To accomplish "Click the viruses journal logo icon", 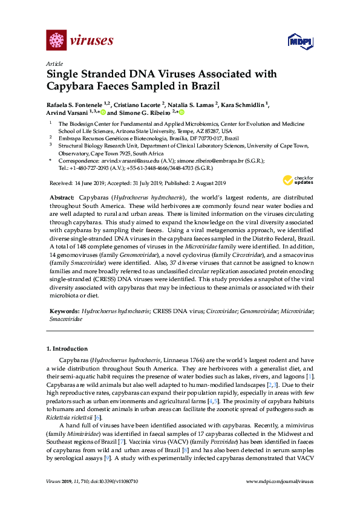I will (56, 41).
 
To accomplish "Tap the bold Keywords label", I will (63, 310).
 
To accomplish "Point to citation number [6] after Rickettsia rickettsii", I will (98, 418).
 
